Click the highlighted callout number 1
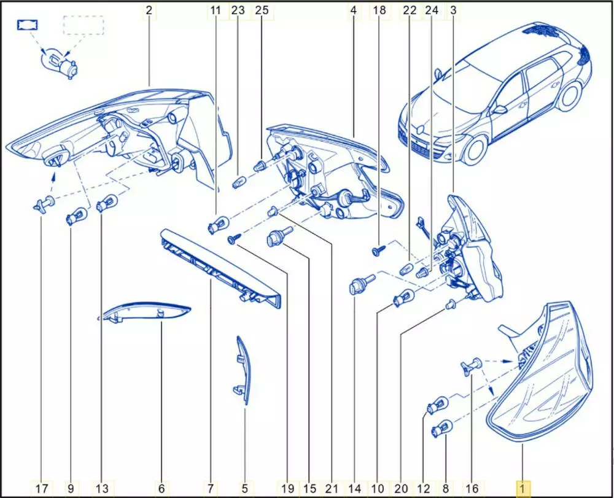tap(523, 488)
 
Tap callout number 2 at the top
tap(149, 10)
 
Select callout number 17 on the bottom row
tap(42, 488)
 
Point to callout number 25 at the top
tap(262, 10)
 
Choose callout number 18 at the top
tap(379, 10)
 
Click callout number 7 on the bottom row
tap(210, 488)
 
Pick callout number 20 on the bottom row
tap(402, 488)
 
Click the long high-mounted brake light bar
tap(221, 268)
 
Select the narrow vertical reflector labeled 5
tap(243, 370)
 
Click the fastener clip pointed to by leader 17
tap(44, 204)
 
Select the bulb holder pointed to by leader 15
tap(279, 236)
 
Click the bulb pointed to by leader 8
tap(441, 428)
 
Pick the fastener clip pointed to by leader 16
tap(471, 367)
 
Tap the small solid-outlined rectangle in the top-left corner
tap(28, 25)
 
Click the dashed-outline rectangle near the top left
tap(84, 25)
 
